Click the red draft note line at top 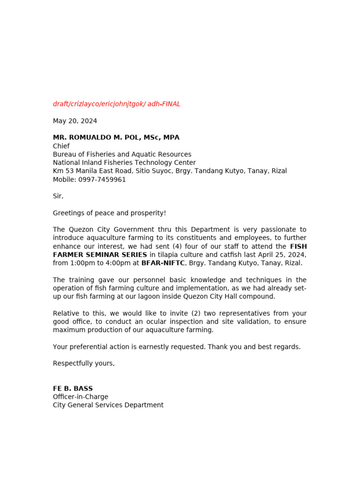click(x=116, y=104)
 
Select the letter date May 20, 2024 click(x=75, y=121)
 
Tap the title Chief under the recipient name click(x=61, y=146)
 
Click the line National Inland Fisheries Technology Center click(x=124, y=163)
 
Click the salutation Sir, click(x=58, y=196)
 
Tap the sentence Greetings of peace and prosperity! click(x=109, y=213)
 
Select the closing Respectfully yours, click(x=83, y=363)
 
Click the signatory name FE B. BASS click(x=73, y=389)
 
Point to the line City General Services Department click(x=108, y=405)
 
